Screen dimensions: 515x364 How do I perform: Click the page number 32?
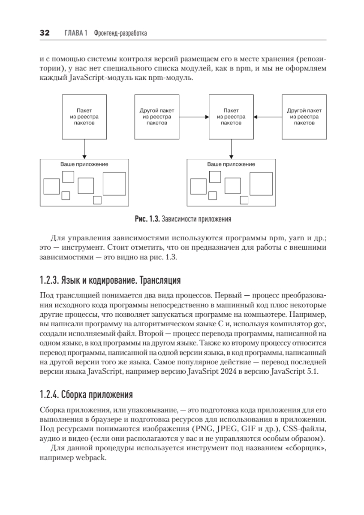[45, 33]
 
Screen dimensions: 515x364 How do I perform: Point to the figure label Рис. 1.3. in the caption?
[147, 219]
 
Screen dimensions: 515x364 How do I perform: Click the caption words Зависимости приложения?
[196, 219]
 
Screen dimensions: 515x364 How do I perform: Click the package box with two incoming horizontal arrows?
[231, 117]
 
